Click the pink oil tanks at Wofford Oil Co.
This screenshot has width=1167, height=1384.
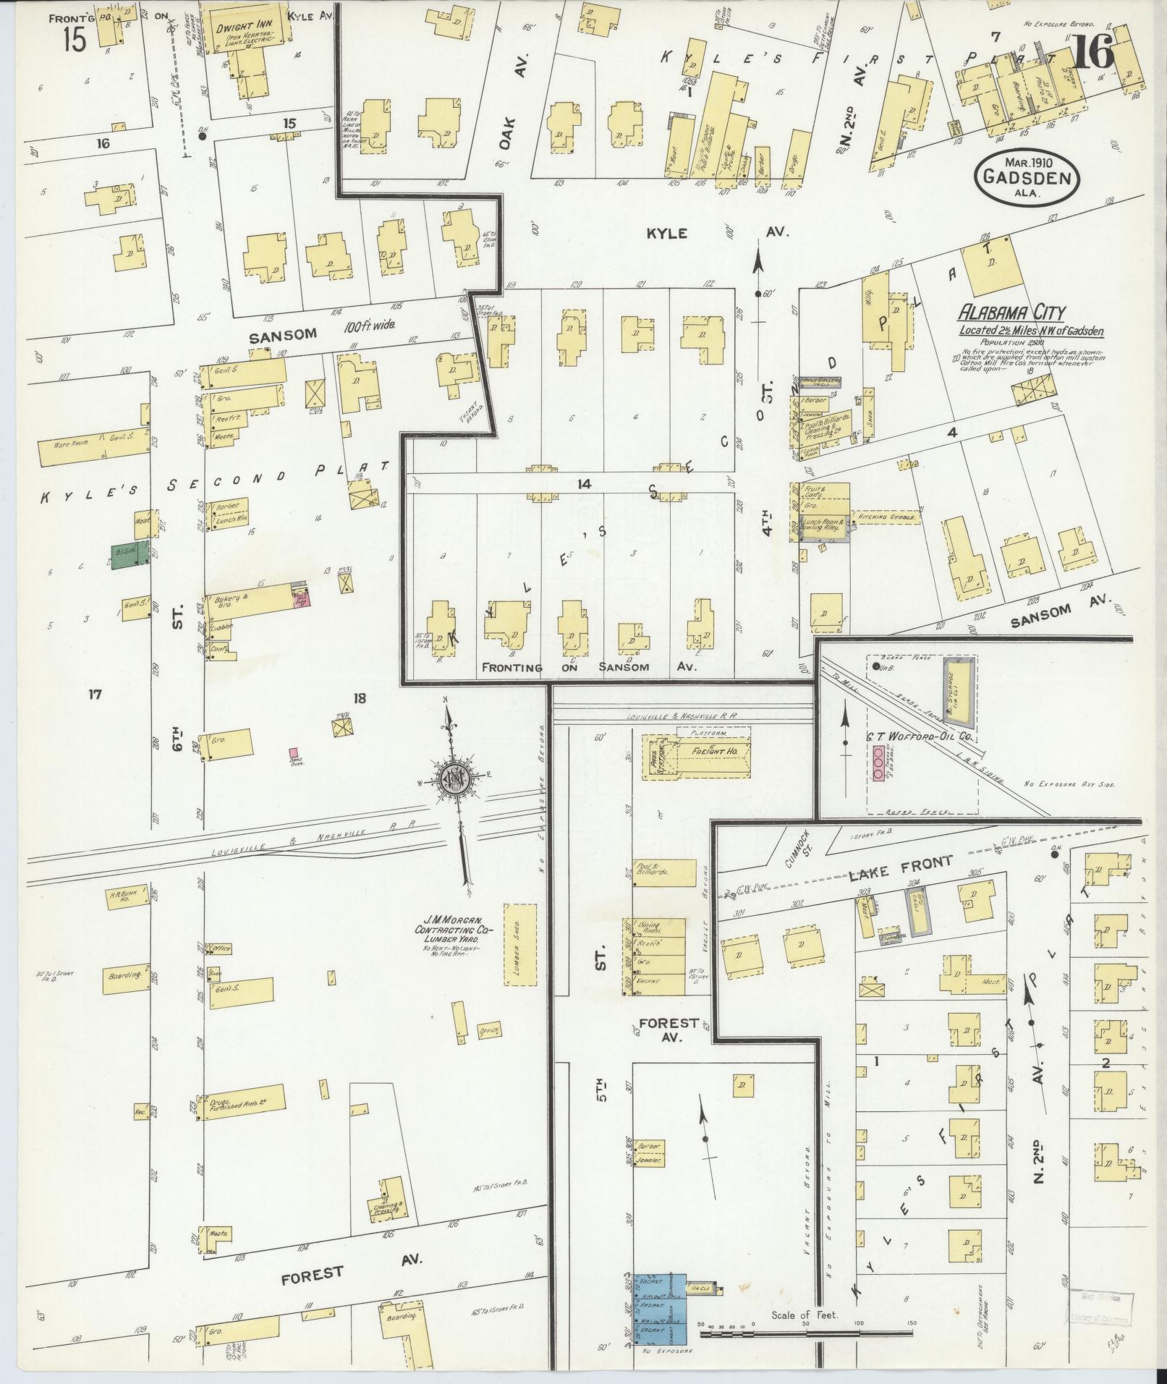click(878, 763)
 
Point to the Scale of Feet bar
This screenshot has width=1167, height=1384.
click(803, 1330)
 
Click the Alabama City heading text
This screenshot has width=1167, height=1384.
click(1011, 313)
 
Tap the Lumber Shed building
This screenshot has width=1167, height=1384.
click(521, 945)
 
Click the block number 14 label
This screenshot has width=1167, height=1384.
click(583, 483)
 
